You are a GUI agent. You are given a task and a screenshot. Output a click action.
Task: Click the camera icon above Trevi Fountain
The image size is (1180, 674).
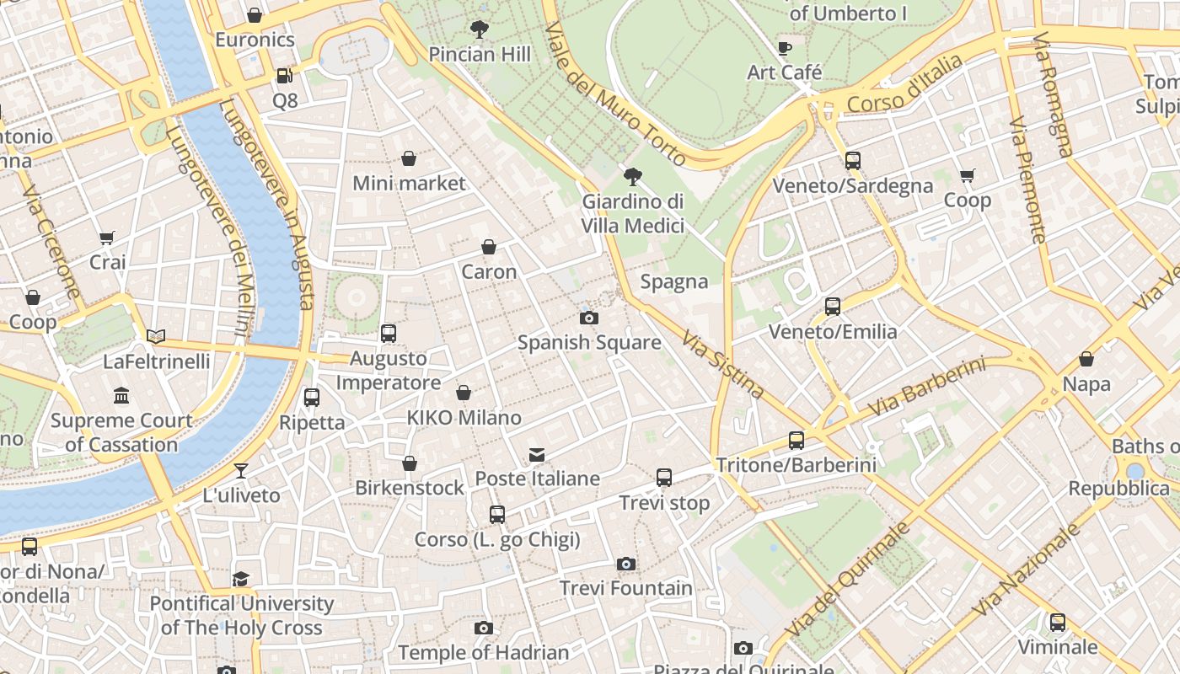(x=625, y=564)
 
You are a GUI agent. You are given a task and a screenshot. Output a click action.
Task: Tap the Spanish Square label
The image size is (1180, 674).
(x=588, y=342)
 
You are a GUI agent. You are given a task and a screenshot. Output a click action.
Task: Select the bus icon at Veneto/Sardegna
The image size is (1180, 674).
(x=852, y=161)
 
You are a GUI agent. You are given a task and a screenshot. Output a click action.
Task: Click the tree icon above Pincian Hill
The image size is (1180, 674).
(x=480, y=30)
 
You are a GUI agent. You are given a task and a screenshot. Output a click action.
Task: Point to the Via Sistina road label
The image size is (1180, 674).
(x=722, y=364)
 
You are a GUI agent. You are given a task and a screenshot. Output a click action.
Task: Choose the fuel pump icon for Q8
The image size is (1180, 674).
(x=285, y=76)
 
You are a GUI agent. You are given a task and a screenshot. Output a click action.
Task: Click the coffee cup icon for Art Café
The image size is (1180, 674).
(x=784, y=48)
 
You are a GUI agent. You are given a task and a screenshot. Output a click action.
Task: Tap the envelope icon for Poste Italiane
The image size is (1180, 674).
(x=537, y=455)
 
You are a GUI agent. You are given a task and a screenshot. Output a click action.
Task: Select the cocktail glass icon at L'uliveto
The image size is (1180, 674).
(x=241, y=470)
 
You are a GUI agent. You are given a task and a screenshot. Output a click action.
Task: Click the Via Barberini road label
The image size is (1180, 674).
(x=926, y=388)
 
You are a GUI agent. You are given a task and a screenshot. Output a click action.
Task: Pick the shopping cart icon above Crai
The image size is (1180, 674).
(x=107, y=238)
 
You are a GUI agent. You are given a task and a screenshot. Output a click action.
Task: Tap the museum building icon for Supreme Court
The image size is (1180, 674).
(x=121, y=395)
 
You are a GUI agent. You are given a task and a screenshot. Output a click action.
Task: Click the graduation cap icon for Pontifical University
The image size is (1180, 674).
(x=241, y=579)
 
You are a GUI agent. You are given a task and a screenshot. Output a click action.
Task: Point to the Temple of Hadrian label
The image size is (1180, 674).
(x=483, y=652)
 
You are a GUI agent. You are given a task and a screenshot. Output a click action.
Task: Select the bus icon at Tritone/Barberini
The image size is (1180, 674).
(x=796, y=440)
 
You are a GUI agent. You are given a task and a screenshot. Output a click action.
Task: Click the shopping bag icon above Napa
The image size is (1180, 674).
(x=1086, y=359)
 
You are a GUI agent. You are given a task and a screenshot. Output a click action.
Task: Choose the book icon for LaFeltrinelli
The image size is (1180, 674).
(x=156, y=336)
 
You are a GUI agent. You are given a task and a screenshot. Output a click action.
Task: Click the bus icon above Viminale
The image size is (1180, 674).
(x=1057, y=623)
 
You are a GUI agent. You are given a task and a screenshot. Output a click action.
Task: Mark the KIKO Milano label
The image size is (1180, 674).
(x=464, y=417)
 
